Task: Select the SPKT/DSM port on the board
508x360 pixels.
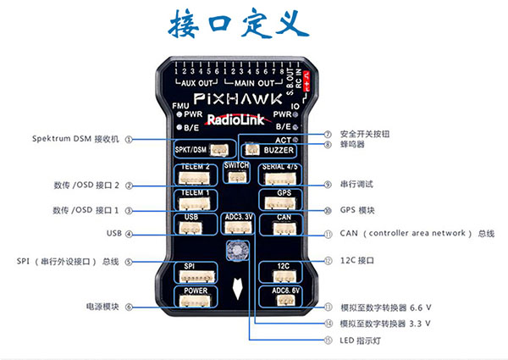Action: click(196, 149)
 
